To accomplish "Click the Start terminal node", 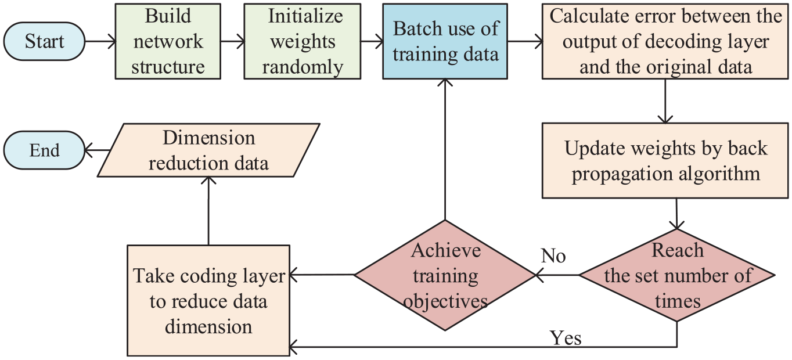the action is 44,41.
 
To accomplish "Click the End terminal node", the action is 44,150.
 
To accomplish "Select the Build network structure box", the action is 168,41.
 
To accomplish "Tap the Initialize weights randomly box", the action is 303,41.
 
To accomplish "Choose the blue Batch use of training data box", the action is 445,41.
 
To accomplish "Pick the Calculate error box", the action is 665,41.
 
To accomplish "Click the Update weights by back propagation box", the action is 665,161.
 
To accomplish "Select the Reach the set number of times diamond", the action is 676,275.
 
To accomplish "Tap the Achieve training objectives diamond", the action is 445,275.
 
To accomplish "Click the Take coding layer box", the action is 208,300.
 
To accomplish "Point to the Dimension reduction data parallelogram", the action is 208,150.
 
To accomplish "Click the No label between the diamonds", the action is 553,255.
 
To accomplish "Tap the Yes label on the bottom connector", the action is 566,338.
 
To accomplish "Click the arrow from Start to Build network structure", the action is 100,41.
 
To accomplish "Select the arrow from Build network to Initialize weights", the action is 233,41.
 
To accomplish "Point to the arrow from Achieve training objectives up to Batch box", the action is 445,149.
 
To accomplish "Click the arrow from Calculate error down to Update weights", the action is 665,101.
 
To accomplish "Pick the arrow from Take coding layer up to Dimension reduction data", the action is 208,211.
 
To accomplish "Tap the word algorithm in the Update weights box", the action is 719,174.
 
